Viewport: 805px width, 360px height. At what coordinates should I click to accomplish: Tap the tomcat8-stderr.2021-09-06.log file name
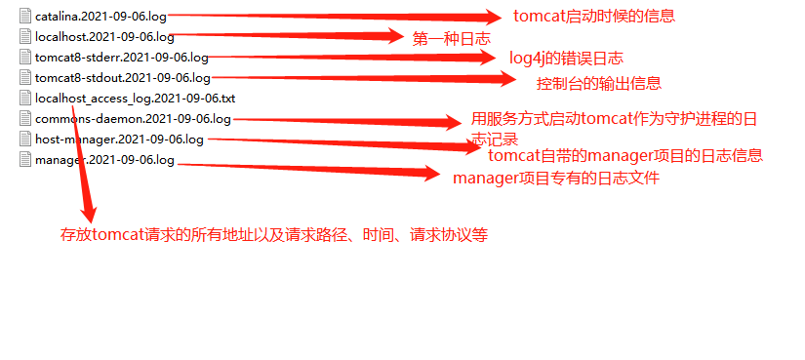(121, 58)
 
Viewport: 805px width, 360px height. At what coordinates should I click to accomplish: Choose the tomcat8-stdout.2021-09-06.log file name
(122, 77)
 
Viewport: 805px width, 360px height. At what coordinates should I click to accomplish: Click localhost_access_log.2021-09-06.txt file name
(135, 99)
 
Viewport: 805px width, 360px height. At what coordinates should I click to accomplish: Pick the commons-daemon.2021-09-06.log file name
(133, 119)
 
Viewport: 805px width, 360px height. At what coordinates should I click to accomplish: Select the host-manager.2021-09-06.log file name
(119, 140)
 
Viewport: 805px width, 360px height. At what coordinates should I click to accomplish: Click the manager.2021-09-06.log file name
(104, 160)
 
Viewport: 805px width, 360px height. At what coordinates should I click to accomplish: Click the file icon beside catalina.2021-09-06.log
(25, 17)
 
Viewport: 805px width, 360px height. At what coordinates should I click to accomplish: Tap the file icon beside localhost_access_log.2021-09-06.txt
(25, 99)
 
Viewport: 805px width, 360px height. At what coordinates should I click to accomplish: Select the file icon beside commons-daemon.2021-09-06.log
(25, 119)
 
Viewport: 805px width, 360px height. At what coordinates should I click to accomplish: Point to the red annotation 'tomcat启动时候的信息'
(593, 17)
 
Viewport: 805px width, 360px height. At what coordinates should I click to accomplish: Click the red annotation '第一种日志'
(446, 38)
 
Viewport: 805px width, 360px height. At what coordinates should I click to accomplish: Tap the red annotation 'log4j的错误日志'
(566, 59)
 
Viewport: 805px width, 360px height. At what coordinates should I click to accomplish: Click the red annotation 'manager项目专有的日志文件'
(556, 179)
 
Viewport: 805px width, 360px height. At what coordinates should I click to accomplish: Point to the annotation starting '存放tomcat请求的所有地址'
(274, 235)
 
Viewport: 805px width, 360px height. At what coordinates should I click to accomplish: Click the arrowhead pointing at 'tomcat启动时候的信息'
(485, 17)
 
